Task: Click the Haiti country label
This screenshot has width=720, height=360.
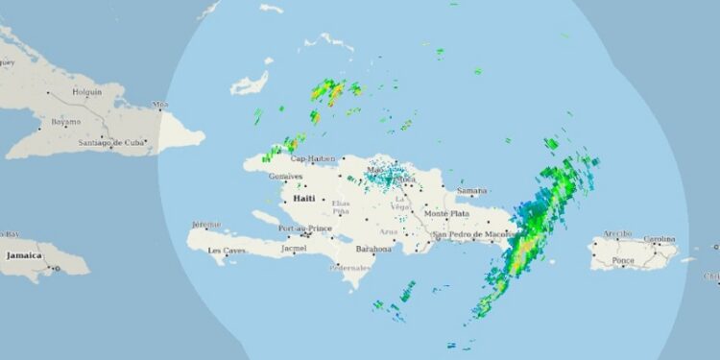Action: (x=303, y=198)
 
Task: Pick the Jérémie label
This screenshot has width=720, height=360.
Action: (x=206, y=224)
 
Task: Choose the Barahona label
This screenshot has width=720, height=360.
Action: (x=373, y=249)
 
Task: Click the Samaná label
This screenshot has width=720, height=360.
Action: (x=472, y=192)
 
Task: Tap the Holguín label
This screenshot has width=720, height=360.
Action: (x=87, y=93)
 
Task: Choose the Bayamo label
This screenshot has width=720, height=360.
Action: (x=65, y=123)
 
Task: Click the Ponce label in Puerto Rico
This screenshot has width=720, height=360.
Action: (x=622, y=260)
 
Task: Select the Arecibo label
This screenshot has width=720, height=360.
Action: (x=617, y=233)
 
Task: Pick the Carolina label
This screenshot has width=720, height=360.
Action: (x=660, y=238)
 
